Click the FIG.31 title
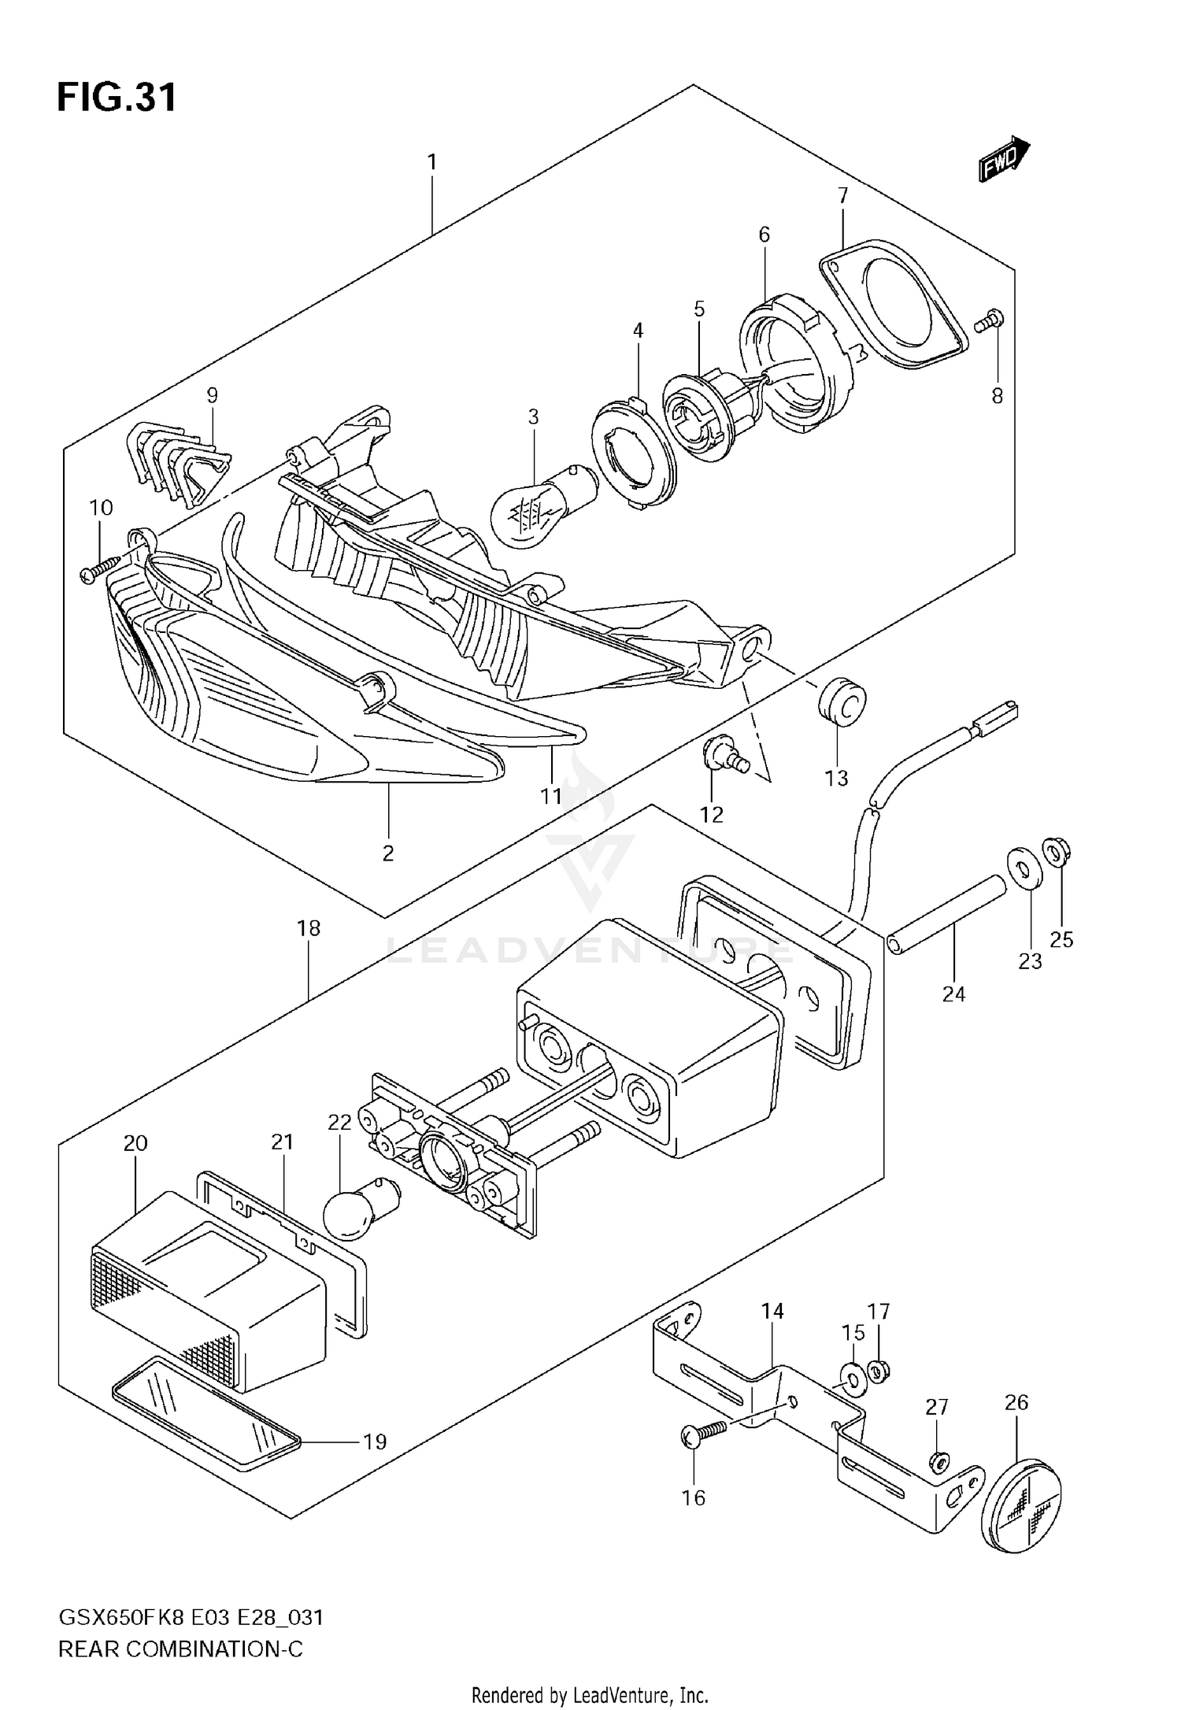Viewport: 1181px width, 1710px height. pyautogui.click(x=117, y=98)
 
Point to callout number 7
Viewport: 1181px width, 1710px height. pyautogui.click(x=842, y=195)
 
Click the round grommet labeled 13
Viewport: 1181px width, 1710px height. pyautogui.click(x=841, y=702)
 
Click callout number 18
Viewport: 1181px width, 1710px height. pyautogui.click(x=309, y=928)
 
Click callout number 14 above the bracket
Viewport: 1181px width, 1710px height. pyautogui.click(x=772, y=1311)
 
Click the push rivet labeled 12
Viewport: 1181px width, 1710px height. pyautogui.click(x=722, y=757)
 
